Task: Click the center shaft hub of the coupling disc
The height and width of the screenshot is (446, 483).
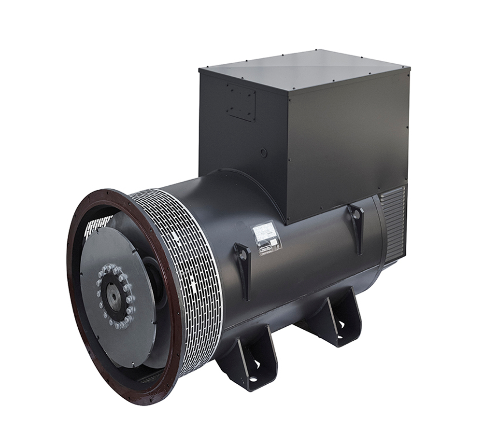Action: click(x=114, y=296)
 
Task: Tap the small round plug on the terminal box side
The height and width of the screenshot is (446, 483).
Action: click(x=263, y=153)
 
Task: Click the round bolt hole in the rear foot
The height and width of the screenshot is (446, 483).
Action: click(x=341, y=324)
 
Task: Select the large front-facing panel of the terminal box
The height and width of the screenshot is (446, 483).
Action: click(x=348, y=140)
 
